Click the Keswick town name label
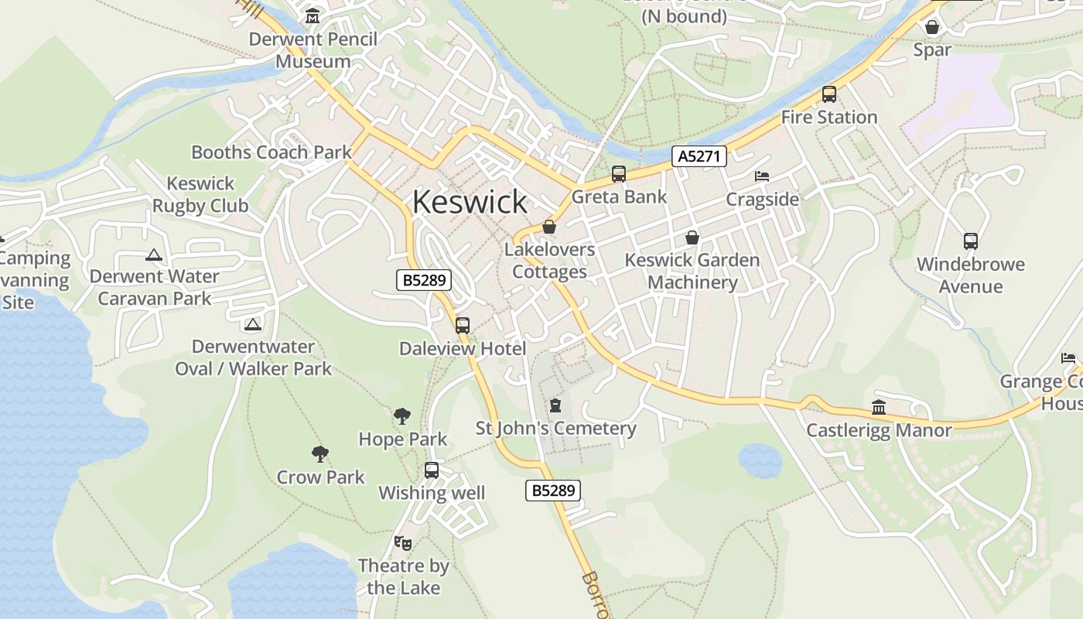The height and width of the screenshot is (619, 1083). click(470, 202)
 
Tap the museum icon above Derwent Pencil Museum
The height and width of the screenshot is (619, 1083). click(313, 15)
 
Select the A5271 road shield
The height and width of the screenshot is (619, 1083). click(699, 156)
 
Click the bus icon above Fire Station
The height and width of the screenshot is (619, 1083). click(828, 94)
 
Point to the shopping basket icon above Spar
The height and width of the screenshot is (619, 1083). click(932, 27)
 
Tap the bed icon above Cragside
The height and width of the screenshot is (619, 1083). click(762, 176)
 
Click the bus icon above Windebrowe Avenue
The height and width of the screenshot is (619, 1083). click(971, 241)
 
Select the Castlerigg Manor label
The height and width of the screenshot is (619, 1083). click(879, 430)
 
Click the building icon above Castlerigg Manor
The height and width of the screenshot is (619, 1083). click(879, 407)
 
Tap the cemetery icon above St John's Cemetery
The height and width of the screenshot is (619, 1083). click(555, 405)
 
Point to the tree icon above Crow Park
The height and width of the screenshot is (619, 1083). click(319, 454)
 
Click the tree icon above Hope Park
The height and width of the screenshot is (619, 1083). click(401, 416)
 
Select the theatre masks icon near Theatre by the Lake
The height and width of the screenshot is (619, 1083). click(402, 542)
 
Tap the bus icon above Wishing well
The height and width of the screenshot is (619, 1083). click(432, 470)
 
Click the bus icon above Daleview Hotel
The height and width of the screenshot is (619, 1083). click(463, 326)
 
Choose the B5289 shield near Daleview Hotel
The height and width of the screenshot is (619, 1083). click(424, 280)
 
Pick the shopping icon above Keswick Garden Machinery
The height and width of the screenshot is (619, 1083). click(692, 238)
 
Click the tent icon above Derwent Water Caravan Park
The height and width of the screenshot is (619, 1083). click(154, 255)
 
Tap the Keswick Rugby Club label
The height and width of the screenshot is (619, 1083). click(200, 194)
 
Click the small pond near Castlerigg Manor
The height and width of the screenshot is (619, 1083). click(760, 460)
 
